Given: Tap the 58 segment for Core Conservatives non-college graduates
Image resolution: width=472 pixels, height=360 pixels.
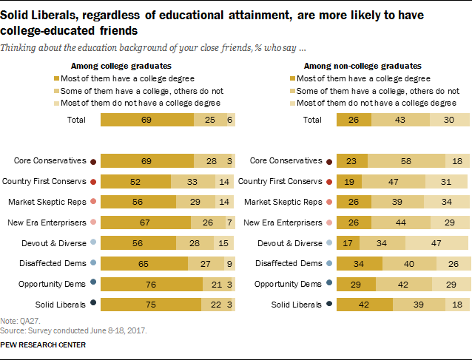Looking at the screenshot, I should [406, 160].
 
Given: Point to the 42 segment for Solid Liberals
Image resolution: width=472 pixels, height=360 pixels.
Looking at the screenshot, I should [365, 304].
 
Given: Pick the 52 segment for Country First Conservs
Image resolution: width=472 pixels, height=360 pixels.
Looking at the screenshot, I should [135, 181].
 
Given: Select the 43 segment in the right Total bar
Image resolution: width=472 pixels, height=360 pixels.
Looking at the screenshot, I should [400, 120].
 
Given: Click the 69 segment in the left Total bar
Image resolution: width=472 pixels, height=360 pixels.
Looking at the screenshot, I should [146, 120].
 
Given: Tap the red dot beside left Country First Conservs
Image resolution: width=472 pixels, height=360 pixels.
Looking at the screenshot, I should [92, 181].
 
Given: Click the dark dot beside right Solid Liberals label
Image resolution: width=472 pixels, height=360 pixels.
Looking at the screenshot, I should [328, 304].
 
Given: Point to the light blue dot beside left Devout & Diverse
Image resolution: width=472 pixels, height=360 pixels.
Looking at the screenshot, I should [92, 242].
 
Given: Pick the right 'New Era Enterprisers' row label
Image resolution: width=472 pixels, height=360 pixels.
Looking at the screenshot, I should [284, 222].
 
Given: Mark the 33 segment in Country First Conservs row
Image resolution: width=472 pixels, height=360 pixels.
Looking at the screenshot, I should [191, 181].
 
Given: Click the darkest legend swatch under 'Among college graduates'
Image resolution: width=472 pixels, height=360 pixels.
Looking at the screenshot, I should [55, 77].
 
